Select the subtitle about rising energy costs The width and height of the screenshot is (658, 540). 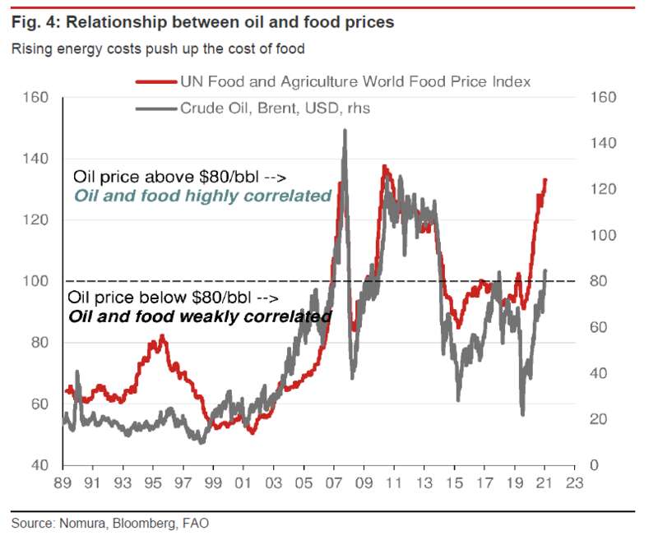pos(158,48)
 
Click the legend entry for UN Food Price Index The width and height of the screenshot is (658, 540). pos(354,81)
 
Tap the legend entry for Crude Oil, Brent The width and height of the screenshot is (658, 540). pos(275,107)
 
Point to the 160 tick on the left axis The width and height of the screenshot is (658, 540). pos(37,98)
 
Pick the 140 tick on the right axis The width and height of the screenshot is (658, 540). pos(603,144)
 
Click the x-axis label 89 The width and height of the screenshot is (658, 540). pos(63,485)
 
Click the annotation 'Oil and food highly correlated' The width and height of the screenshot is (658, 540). pos(202,196)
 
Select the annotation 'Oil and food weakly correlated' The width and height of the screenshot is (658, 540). pos(200,316)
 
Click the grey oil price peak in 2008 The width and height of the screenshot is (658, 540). pos(344,131)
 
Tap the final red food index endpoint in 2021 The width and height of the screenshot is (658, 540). pos(544,180)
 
